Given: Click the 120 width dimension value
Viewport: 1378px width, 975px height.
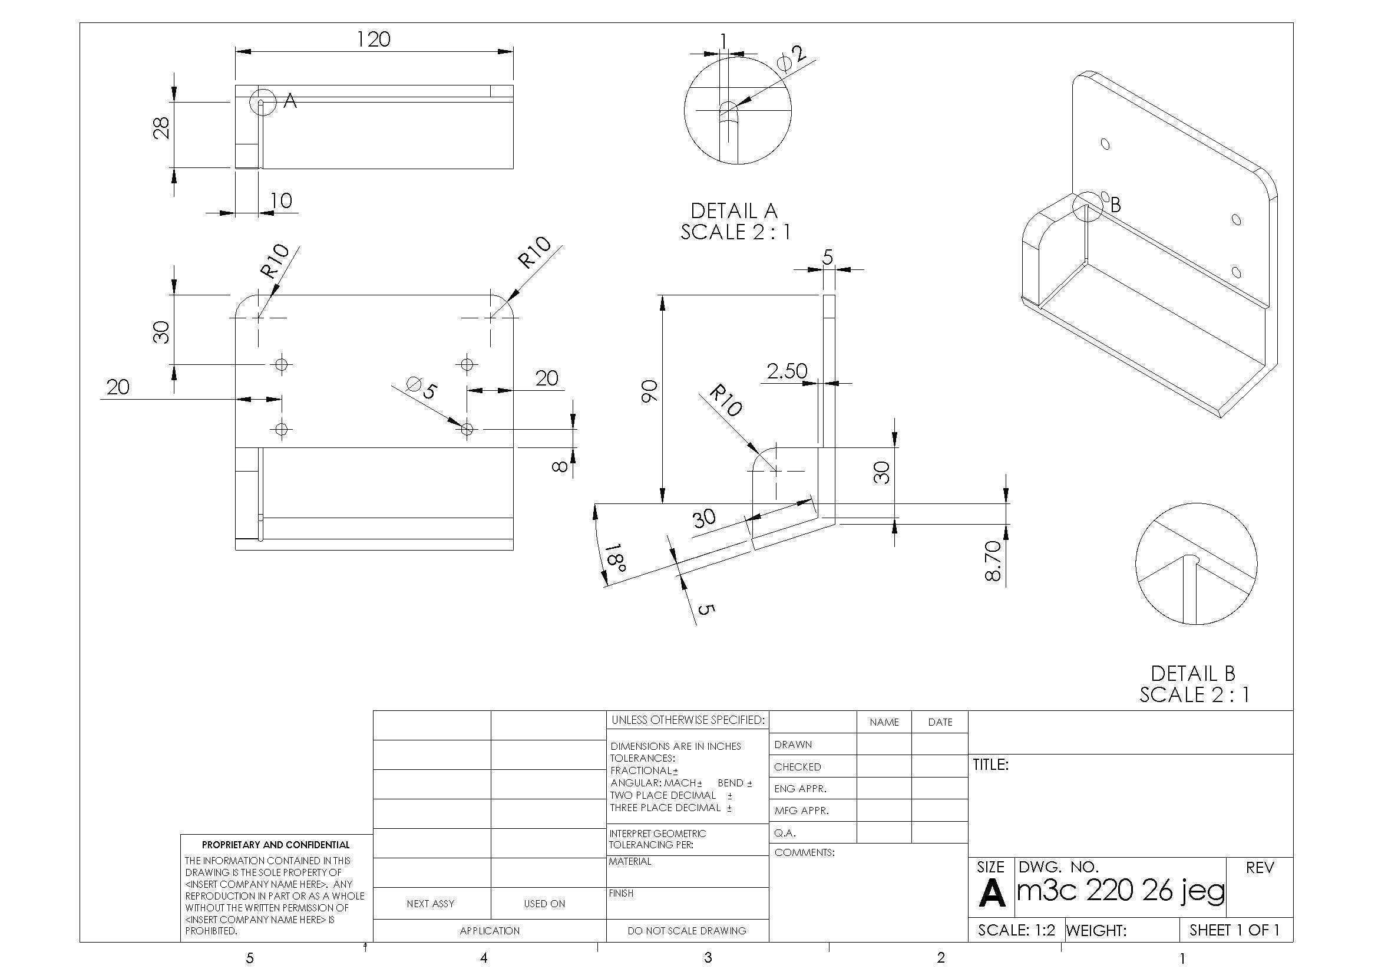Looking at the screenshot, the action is coord(374,39).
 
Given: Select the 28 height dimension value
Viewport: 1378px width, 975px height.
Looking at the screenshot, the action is coord(161,127).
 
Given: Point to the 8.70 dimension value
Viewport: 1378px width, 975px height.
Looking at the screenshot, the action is coord(993,561).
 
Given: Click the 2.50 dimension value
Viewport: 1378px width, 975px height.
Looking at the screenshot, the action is coord(787,371).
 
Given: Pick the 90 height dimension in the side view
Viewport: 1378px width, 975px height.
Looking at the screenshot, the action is coord(650,391).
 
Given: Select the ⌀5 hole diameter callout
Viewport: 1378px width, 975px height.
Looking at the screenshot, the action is coord(421,387).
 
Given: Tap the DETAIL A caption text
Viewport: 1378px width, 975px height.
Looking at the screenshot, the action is coord(734,210).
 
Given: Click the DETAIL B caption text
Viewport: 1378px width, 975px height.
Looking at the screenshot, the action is coord(1193,673).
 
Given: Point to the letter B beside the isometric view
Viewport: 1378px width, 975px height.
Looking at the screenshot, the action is coord(1115,205).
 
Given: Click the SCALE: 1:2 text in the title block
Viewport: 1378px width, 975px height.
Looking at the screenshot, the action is coord(1016,930).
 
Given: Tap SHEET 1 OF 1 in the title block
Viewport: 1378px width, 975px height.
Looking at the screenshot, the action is coord(1235,930).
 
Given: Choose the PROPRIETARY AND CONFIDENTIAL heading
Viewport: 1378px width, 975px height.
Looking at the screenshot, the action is coord(276,845).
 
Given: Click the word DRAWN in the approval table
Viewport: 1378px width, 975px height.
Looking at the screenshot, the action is coord(793,745).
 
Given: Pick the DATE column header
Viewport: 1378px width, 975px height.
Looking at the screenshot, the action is coord(940,722).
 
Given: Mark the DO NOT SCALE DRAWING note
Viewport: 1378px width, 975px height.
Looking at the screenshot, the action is coord(686,931).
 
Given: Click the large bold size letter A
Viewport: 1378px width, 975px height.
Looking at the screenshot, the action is coord(992,893).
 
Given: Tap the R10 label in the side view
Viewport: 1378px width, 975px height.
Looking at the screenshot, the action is coord(726,401).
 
